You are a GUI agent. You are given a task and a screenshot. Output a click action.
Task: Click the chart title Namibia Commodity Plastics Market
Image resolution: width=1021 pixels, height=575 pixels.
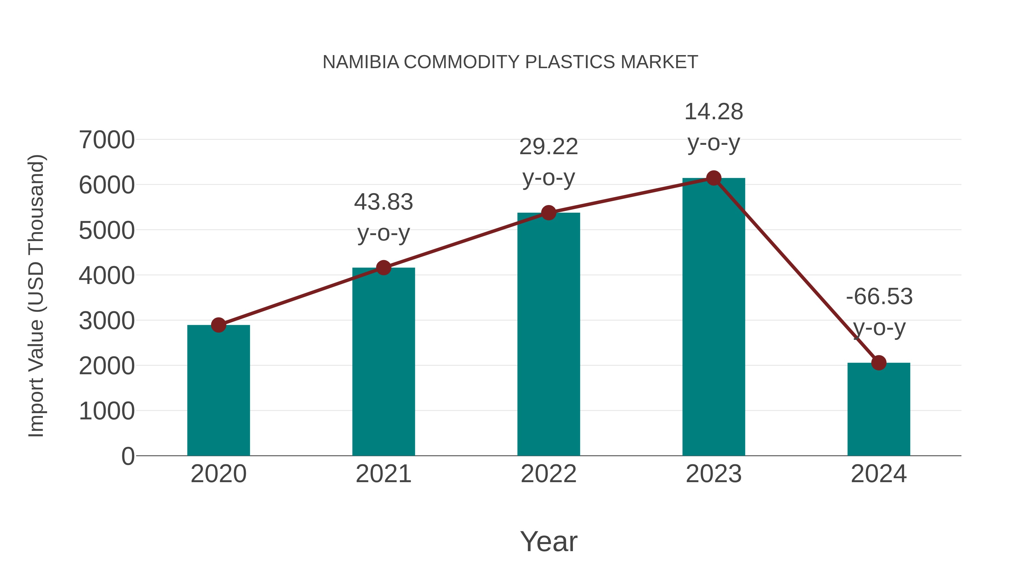[x=510, y=62]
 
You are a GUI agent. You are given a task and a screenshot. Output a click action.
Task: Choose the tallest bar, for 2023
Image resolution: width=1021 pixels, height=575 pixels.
[x=714, y=317]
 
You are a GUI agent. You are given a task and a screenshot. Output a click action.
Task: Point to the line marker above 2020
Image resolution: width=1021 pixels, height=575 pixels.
[x=218, y=325]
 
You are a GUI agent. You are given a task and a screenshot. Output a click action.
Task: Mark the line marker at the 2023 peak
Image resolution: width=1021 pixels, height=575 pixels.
[x=714, y=178]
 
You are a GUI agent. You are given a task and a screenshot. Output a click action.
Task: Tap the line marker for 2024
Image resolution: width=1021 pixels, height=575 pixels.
[x=879, y=363]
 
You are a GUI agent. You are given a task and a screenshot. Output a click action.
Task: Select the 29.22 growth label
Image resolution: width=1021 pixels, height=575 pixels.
[x=549, y=147]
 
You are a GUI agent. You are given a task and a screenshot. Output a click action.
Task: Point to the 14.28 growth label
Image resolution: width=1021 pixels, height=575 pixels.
[x=714, y=112]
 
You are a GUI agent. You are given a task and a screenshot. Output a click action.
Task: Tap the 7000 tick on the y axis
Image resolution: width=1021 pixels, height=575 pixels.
[x=107, y=140]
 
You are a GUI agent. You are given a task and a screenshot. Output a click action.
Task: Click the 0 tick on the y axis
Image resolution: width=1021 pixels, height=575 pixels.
[x=128, y=456]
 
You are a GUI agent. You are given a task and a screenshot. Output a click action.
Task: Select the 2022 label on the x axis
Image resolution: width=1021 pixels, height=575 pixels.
[x=549, y=474]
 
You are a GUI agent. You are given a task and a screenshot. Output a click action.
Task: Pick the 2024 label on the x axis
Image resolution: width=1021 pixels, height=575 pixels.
[x=879, y=474]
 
